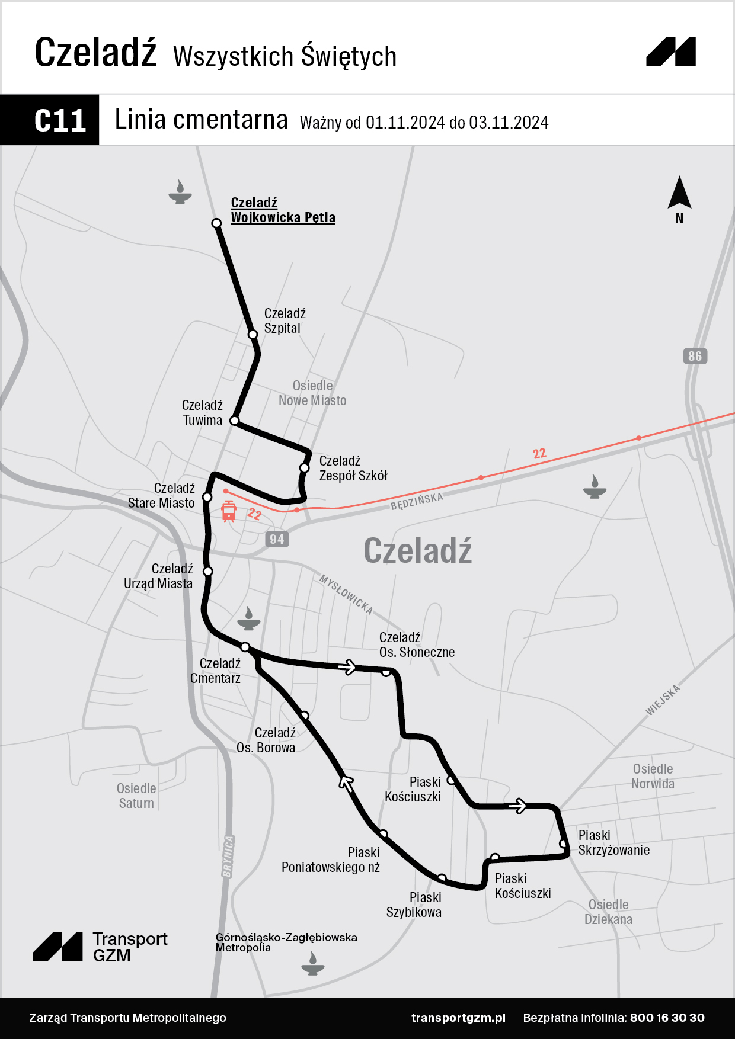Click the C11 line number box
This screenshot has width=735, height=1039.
tap(50, 120)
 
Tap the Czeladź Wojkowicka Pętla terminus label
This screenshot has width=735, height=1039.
tap(283, 210)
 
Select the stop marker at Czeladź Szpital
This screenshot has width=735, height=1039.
tap(253, 334)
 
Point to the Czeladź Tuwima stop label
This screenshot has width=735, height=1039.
tap(202, 413)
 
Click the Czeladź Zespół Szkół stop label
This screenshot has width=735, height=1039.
tap(353, 469)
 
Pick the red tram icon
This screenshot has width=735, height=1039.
tap(229, 511)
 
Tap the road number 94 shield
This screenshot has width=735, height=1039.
tap(277, 539)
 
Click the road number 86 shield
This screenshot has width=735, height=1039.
tap(695, 356)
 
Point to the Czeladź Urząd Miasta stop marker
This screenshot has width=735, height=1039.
tap(208, 571)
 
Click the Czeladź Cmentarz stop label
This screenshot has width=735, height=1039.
tap(216, 671)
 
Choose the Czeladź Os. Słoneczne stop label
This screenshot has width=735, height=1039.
tap(417, 645)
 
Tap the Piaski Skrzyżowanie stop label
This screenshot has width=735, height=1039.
tap(613, 843)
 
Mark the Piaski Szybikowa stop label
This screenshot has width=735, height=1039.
tap(414, 905)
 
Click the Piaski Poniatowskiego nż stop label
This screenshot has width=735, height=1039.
tap(331, 860)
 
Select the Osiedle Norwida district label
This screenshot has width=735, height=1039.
tap(653, 777)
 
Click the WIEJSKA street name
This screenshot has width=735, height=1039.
tap(663, 700)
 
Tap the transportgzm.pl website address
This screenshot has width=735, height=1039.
tap(458, 1018)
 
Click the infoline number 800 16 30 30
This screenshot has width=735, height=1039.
tap(667, 1018)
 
